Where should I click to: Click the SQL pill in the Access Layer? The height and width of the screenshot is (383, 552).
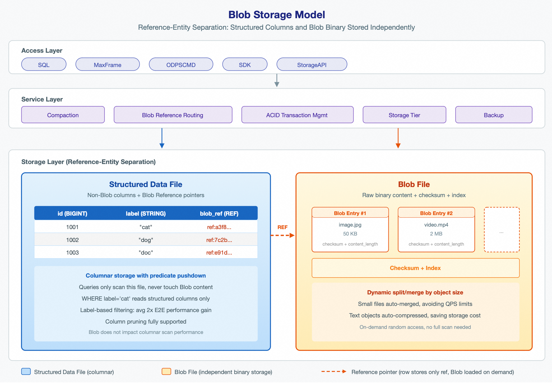click(44, 64)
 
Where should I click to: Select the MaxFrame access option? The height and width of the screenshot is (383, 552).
click(108, 64)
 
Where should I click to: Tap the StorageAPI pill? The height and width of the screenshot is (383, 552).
click(312, 64)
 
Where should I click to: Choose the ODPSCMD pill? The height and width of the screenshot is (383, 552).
click(181, 64)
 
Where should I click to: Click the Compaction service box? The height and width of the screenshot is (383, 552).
click(63, 115)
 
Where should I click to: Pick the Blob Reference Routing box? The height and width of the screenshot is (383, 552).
click(173, 115)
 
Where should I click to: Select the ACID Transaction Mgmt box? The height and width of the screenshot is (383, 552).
click(297, 115)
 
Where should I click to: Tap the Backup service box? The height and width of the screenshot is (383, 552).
click(494, 115)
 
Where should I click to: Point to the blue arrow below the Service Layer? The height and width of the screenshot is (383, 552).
click(162, 138)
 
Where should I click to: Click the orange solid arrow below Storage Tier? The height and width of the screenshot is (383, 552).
click(398, 138)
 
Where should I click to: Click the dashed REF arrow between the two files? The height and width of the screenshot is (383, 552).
click(283, 235)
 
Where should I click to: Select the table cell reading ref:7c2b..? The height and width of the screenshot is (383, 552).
click(219, 240)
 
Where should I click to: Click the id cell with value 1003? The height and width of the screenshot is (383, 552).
click(72, 253)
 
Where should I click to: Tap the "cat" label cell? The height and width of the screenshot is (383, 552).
click(146, 227)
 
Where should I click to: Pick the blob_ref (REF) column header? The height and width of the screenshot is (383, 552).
click(219, 214)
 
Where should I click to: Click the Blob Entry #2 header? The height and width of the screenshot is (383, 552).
click(436, 213)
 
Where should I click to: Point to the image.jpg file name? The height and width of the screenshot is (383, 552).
click(350, 225)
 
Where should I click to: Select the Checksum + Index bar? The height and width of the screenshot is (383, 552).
click(416, 268)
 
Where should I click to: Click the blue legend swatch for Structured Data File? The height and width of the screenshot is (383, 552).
click(26, 372)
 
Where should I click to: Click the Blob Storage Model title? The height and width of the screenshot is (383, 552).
click(277, 15)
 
